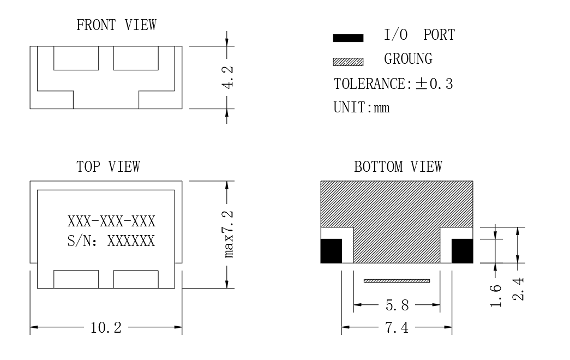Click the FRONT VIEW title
(x=116, y=25)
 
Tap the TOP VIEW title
(x=108, y=167)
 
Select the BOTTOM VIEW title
(x=398, y=167)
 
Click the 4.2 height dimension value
(x=228, y=77)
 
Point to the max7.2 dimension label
(x=228, y=234)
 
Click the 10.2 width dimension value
(x=106, y=328)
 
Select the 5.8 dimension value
(x=397, y=305)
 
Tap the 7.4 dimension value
(x=397, y=328)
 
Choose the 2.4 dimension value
(x=518, y=289)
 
